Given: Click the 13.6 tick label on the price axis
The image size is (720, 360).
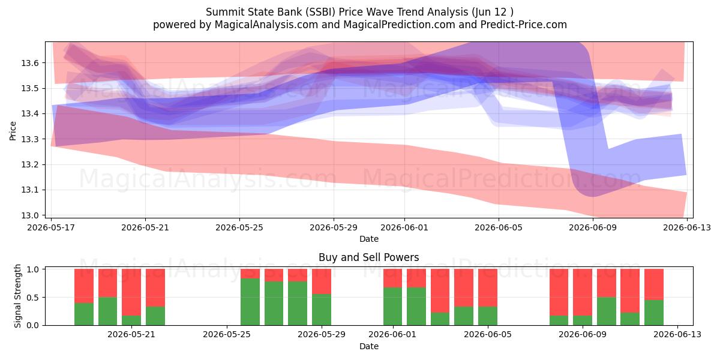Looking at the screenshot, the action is [x=30, y=63].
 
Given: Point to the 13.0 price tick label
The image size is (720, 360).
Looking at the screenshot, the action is [x=30, y=215].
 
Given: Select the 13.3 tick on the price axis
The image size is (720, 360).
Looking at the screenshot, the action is [x=30, y=139].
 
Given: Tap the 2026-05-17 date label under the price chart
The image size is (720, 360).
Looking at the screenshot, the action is [x=51, y=227].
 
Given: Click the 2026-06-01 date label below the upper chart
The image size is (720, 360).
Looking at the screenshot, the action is [x=404, y=227].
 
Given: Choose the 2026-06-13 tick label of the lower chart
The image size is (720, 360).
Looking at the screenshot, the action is [x=677, y=334].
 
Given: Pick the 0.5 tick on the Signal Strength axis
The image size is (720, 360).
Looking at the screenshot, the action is [x=33, y=298].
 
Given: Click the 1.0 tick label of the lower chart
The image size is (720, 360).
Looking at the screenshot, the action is [x=33, y=269].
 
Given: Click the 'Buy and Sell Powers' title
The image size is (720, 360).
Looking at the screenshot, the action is [x=368, y=257].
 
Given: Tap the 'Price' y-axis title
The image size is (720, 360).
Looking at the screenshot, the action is [x=13, y=131].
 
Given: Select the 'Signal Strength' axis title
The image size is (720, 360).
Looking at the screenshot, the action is [x=17, y=296].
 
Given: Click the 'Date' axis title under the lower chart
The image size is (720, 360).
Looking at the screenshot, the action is [x=369, y=346].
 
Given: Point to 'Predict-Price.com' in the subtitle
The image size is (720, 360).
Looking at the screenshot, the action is [x=524, y=25].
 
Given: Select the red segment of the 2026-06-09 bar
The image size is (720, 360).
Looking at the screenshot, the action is [x=583, y=292].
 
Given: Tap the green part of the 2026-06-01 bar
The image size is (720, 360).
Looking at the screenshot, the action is [x=392, y=307].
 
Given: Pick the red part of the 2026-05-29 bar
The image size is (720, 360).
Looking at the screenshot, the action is [x=322, y=281].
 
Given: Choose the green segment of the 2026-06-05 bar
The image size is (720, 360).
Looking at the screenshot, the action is [x=488, y=316].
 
